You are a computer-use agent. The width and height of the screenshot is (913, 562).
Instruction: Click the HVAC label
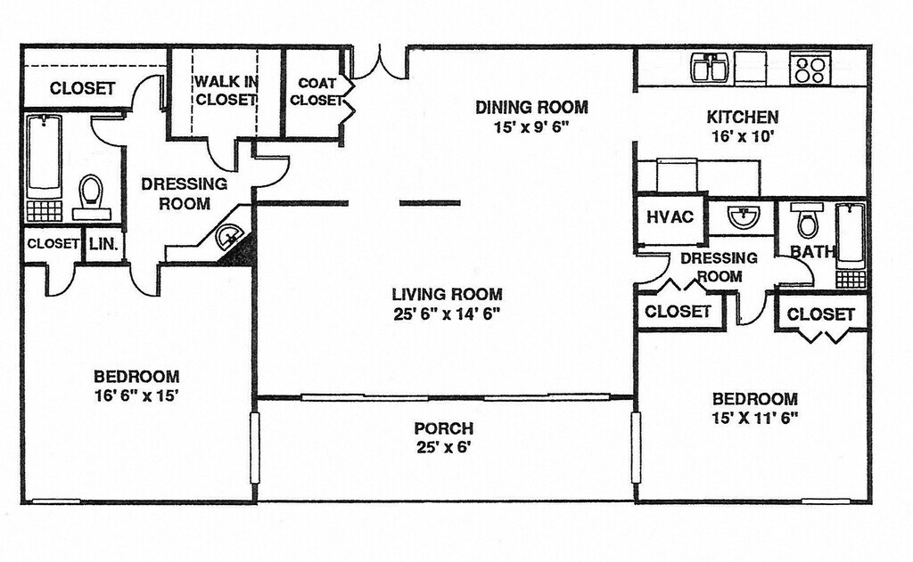click(670, 216)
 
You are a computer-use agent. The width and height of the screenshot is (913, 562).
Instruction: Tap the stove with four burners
click(810, 69)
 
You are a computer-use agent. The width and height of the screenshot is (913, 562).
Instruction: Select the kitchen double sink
click(710, 68)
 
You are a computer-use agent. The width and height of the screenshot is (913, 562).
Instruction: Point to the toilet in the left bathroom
click(91, 194)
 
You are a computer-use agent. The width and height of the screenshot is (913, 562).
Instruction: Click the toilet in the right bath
click(808, 221)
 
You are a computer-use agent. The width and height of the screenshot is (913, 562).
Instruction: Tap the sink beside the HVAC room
click(742, 216)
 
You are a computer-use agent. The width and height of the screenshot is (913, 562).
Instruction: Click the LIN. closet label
click(103, 244)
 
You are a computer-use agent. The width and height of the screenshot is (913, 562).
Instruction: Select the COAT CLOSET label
click(317, 92)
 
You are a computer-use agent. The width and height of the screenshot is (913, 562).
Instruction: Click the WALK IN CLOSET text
click(226, 91)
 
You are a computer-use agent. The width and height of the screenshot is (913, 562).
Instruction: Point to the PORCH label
click(443, 428)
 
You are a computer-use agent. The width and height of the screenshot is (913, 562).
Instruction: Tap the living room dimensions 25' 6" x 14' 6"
click(447, 314)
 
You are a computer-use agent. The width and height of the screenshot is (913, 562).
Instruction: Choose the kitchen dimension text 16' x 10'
click(742, 137)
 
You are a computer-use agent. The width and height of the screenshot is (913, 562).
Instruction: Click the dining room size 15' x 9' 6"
click(531, 127)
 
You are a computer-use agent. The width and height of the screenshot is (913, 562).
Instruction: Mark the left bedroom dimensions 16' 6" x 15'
click(136, 395)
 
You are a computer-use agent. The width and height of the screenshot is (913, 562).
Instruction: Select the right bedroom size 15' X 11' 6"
click(753, 417)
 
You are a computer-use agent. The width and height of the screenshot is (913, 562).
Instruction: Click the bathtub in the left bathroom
click(44, 159)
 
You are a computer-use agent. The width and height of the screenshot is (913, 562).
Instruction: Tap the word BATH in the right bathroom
click(811, 251)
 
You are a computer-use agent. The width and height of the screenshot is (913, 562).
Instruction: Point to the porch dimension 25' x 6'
click(443, 447)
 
